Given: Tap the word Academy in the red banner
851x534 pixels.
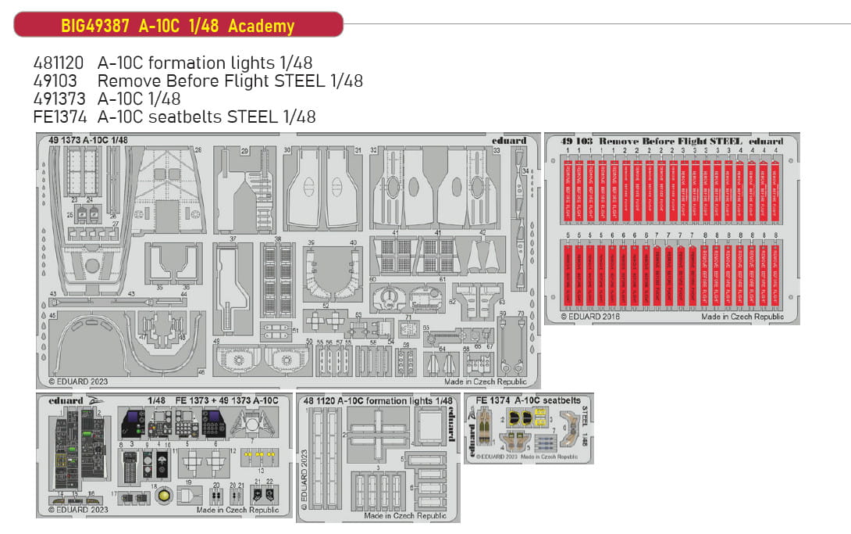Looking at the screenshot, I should [262, 26].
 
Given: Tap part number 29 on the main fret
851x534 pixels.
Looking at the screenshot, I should [244, 150].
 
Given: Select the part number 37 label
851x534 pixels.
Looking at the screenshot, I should [232, 238].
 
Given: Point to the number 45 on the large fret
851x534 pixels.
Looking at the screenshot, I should [52, 315].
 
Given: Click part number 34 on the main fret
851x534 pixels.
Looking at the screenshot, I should [525, 170].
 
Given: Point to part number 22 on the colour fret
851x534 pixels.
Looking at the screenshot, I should [269, 482].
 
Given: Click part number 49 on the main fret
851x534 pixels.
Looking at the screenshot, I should [215, 341].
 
